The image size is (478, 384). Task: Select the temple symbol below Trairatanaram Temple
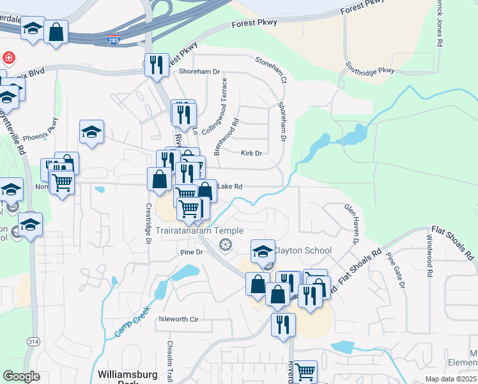point(224,244)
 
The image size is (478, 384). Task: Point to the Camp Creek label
point(134,318)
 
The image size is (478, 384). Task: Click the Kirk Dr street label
point(252,154)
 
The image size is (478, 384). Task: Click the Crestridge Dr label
point(148,224)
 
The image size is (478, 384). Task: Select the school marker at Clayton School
point(263,252)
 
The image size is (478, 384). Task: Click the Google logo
point(22,376)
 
